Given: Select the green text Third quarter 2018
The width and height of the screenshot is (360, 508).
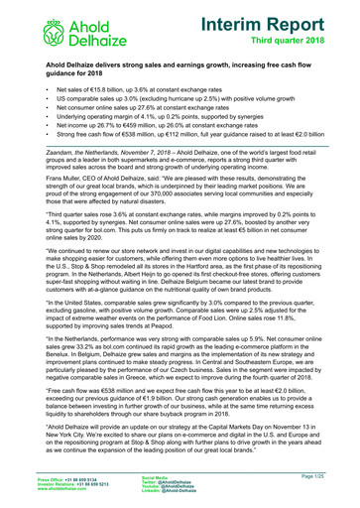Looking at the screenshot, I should [297, 42].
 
